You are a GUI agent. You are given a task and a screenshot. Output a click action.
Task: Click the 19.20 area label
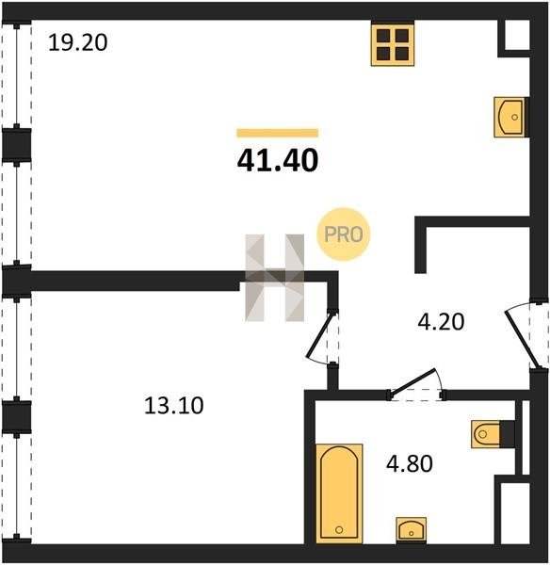point(78,42)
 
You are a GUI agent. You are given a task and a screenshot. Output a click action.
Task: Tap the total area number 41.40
point(278,160)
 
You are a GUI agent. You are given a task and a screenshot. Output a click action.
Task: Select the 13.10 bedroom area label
point(173,405)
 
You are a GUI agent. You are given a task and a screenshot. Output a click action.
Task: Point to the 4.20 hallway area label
point(441,322)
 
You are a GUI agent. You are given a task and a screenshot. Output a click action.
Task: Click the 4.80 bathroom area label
point(410,463)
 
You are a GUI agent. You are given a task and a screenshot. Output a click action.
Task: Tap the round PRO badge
point(344,234)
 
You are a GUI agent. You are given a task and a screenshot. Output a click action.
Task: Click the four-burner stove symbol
point(393,45)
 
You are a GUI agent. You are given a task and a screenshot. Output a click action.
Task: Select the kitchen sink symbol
point(510,117)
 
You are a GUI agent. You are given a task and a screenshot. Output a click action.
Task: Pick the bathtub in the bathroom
point(339,493)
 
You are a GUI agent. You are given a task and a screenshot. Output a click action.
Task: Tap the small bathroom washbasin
point(412,529)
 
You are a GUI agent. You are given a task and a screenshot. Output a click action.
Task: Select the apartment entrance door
point(523,335)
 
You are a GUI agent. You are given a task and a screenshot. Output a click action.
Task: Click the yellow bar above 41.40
point(278,133)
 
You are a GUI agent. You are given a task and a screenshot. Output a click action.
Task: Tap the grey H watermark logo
point(275,278)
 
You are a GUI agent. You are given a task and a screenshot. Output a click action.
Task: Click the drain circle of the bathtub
point(339,529)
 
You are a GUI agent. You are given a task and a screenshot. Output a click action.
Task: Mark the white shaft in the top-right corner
point(517,35)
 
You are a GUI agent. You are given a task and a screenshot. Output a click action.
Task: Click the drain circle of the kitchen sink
point(514,117)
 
